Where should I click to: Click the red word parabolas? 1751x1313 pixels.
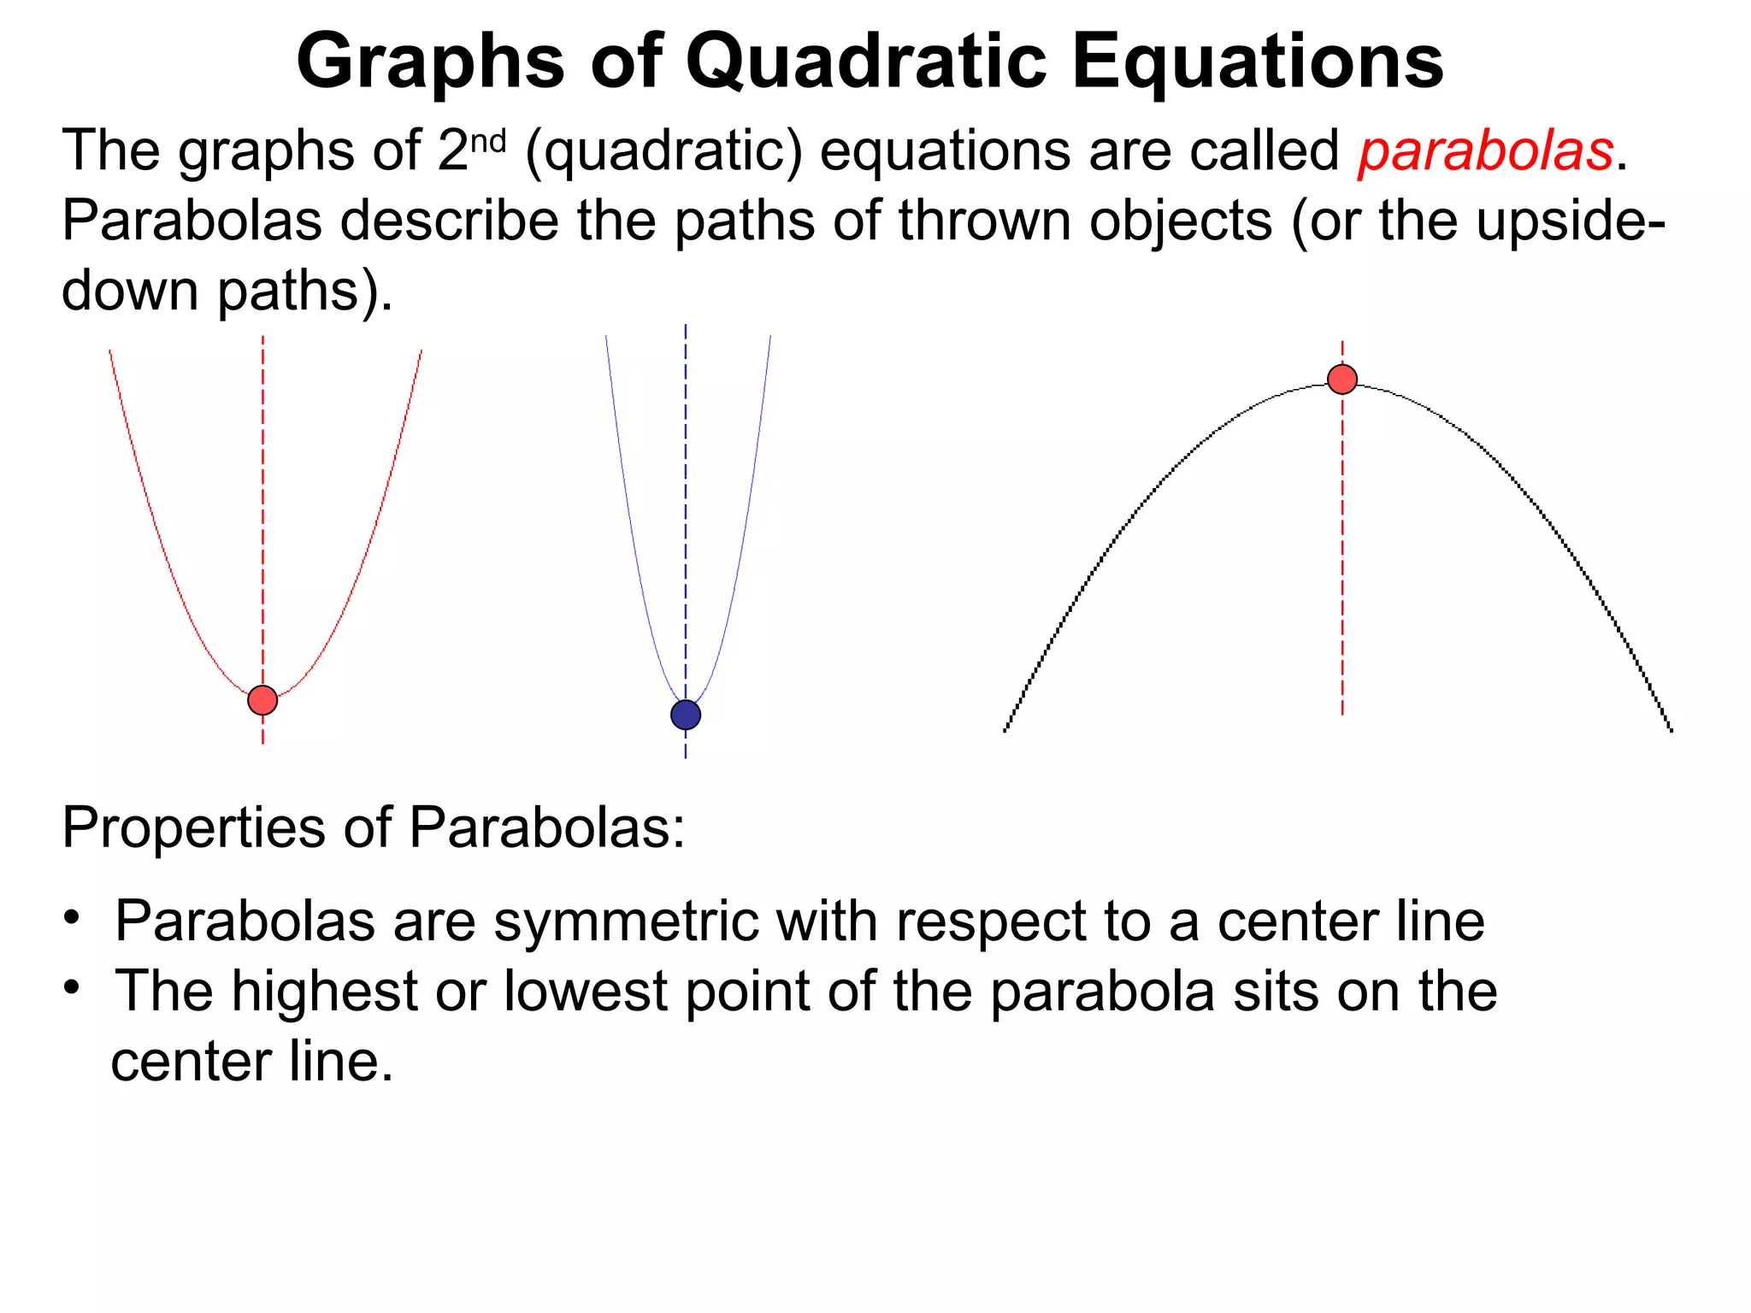(1485, 152)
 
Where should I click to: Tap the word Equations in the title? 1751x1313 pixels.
(1257, 62)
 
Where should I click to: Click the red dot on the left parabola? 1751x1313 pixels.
(262, 700)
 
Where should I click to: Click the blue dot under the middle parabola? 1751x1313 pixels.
(686, 715)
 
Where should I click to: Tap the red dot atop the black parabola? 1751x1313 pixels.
(1342, 379)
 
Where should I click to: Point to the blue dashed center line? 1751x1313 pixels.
(686, 513)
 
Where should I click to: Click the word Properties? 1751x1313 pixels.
(193, 828)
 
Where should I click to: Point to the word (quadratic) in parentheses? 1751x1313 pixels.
(664, 152)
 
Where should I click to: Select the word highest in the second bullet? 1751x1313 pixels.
(325, 992)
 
